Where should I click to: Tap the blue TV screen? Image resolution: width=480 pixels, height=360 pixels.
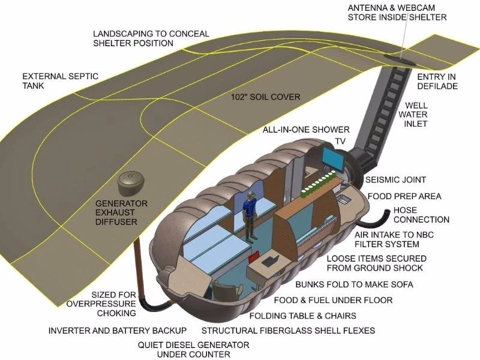tap(332, 157)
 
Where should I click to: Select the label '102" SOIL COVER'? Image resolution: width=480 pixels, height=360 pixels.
tap(266, 97)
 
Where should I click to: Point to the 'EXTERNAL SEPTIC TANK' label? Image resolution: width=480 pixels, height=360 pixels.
tap(60, 82)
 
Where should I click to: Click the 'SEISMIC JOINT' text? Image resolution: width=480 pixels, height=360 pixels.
tap(395, 180)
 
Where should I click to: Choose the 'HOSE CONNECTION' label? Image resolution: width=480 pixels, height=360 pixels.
tap(421, 215)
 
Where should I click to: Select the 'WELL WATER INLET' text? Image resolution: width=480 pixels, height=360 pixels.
tap(416, 115)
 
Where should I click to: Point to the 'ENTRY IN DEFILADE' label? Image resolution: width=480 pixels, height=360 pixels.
tap(437, 82)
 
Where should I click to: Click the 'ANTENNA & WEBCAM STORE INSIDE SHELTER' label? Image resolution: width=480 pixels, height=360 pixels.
tap(397, 12)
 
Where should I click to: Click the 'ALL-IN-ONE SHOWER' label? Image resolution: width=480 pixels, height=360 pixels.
tap(306, 130)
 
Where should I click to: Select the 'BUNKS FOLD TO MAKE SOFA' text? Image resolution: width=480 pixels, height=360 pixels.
tap(354, 284)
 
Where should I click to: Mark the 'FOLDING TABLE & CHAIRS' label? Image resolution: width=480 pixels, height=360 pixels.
tap(303, 316)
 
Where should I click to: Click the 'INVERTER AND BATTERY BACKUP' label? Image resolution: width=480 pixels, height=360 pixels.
tap(118, 331)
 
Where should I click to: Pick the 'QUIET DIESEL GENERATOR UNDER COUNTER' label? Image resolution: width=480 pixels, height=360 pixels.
tap(193, 350)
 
